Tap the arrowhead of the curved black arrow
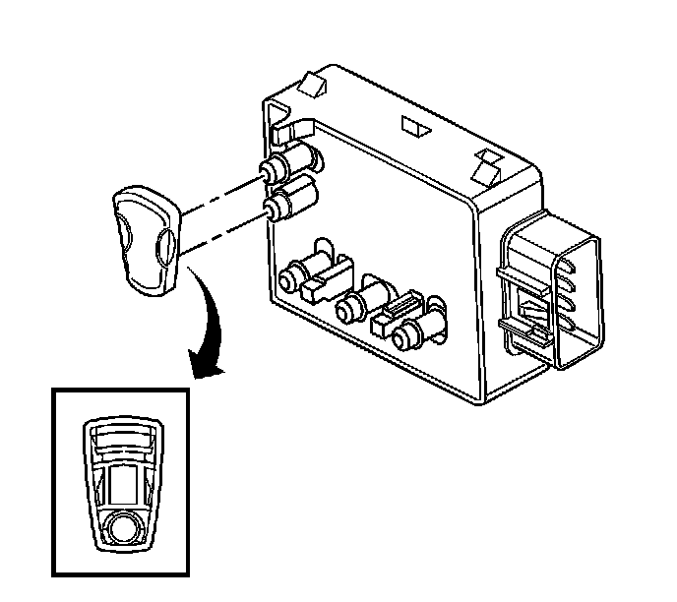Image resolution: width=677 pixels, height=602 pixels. point(208,365)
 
